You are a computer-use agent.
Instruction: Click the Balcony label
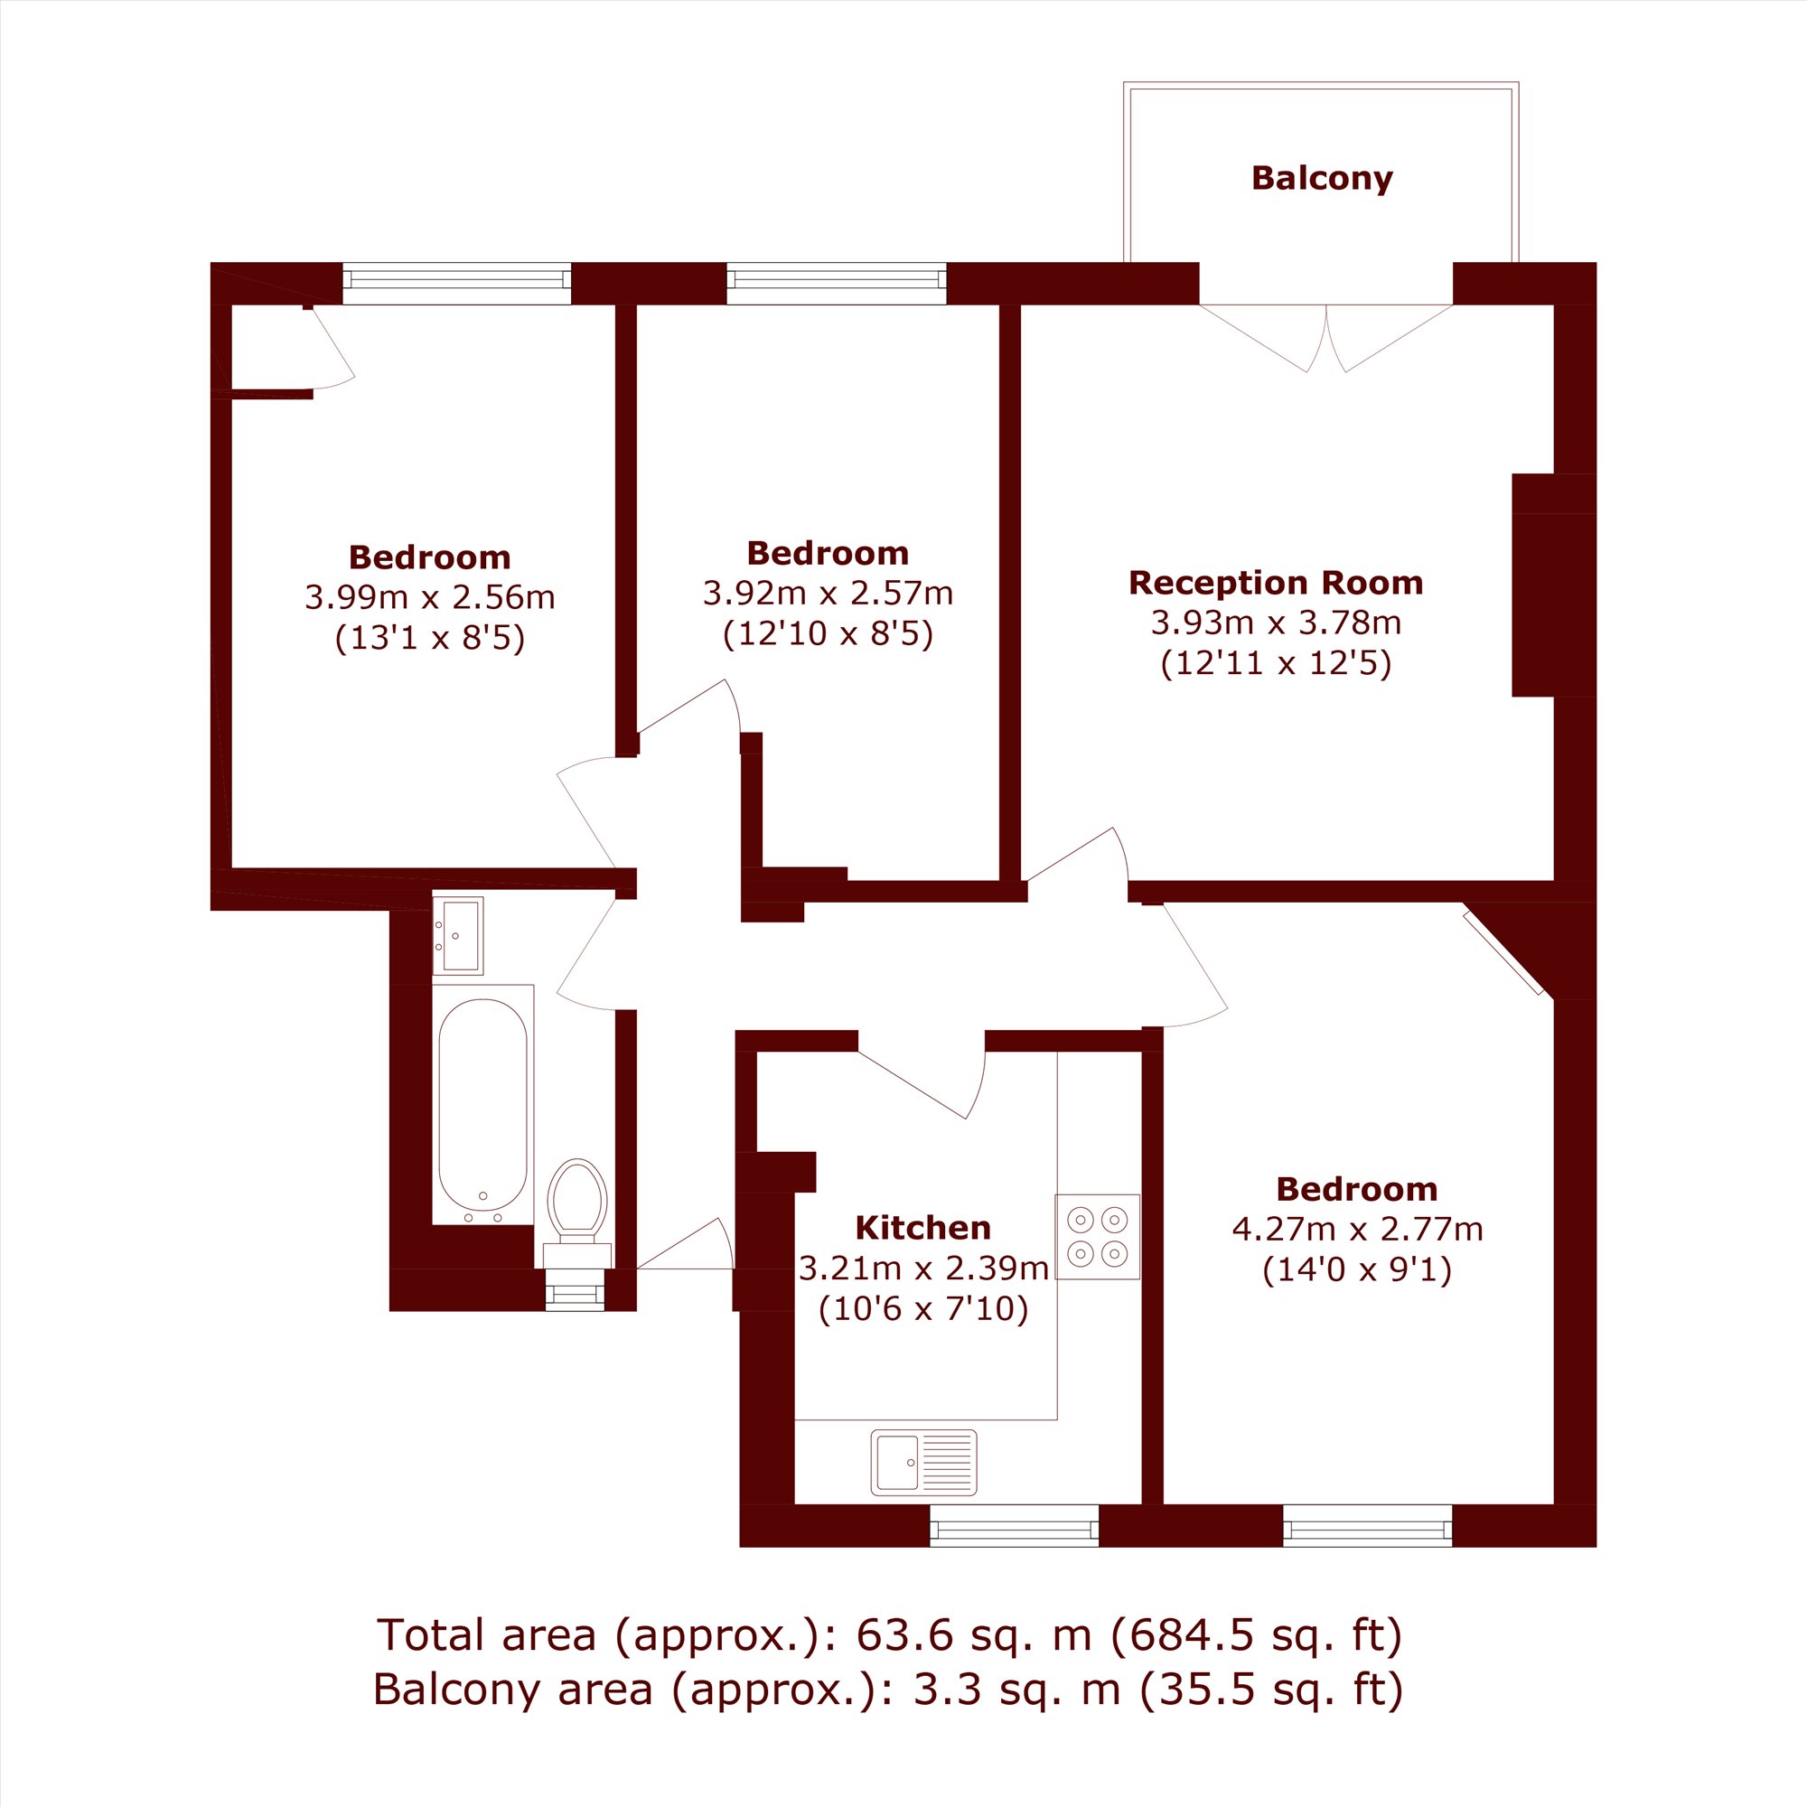click(1322, 178)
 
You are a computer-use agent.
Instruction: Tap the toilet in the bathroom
click(578, 1212)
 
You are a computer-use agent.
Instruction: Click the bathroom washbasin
click(457, 935)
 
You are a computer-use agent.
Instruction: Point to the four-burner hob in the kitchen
click(1098, 1237)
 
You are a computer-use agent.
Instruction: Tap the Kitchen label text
click(923, 1227)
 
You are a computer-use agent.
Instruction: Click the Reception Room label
click(1276, 583)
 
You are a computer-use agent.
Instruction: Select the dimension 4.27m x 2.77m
click(1357, 1229)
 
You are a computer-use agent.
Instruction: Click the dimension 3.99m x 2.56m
click(430, 596)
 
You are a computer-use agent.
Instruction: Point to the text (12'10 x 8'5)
click(828, 634)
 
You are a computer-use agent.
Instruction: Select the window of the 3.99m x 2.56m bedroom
click(456, 284)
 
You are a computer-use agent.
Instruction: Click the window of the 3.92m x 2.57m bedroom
click(836, 284)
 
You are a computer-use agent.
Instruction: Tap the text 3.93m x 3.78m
click(1276, 623)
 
